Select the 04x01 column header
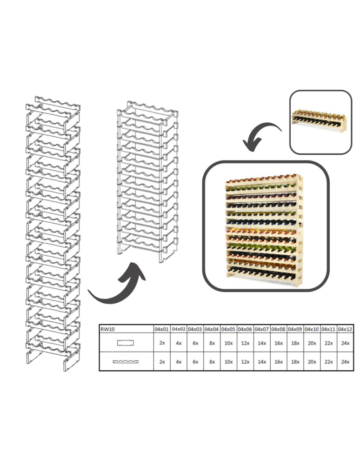(162, 329)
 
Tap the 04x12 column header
(345, 329)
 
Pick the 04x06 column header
(245, 329)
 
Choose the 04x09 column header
(295, 329)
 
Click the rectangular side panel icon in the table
(126, 343)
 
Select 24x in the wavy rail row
(345, 361)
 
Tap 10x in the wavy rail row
(228, 361)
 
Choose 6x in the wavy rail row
(195, 361)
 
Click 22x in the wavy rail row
(328, 361)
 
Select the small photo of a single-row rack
(320, 122)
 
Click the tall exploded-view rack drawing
(53, 232)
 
